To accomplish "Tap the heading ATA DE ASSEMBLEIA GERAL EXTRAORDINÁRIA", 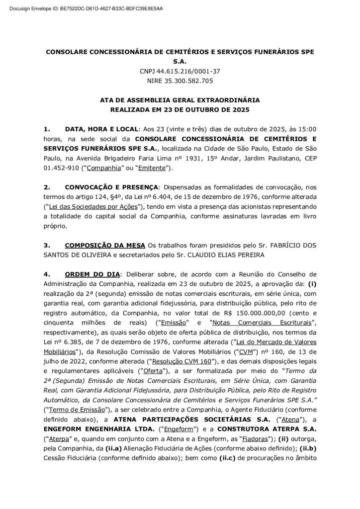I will [x=180, y=100].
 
